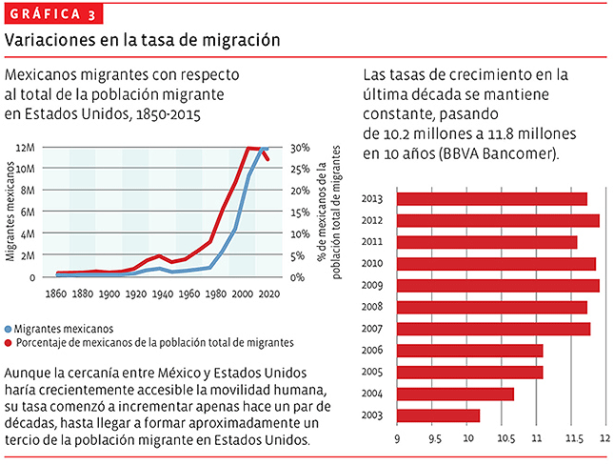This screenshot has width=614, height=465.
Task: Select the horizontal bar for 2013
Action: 491,199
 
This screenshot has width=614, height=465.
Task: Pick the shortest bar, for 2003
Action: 437,415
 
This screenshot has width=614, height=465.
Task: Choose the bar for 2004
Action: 454,394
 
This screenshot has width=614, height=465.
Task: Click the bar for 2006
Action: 468,351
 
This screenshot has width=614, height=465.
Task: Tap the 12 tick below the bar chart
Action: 603,439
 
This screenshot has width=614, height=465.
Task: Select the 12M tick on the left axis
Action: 26,148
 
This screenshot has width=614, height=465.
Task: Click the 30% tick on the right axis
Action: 298,148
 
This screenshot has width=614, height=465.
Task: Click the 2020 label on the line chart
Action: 268,294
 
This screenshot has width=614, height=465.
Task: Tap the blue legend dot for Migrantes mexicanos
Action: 10,327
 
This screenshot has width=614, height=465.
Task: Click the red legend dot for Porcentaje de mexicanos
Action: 10,341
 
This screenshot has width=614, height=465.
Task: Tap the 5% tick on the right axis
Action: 296,255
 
